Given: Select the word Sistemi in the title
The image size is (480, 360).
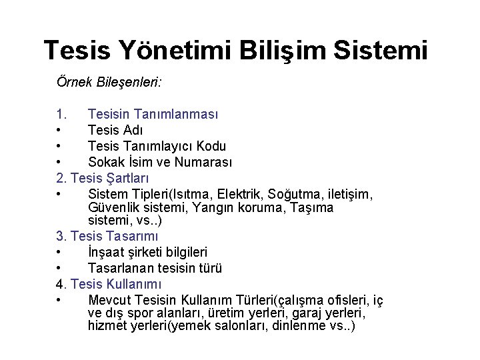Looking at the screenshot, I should [x=385, y=50].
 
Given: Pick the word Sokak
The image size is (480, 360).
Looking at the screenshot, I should [x=105, y=162].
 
